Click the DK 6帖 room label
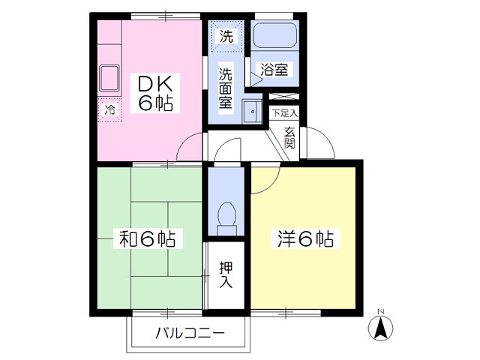154,92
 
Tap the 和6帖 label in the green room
148,239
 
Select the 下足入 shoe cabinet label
284,113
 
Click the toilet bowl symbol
226,217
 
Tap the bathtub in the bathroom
274,35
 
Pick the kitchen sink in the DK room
110,79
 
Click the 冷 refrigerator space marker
109,110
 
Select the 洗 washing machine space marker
226,34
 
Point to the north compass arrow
380,328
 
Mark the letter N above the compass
380,311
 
